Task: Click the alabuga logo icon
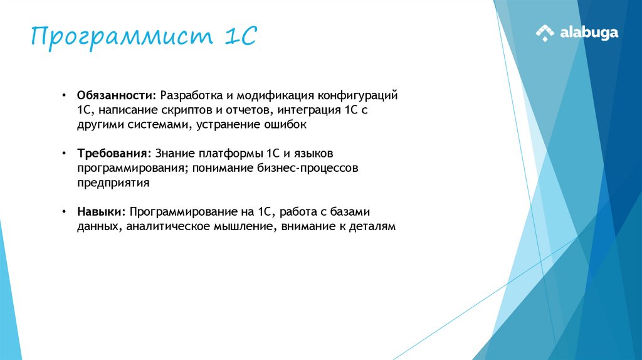[545, 33]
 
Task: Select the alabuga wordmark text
[589, 33]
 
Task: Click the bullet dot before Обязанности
[64, 96]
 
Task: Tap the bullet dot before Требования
[64, 154]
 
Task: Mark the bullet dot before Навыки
[64, 212]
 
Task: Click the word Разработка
[191, 96]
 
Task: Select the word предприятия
[113, 183]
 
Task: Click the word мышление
[241, 226]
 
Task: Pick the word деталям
[373, 226]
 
